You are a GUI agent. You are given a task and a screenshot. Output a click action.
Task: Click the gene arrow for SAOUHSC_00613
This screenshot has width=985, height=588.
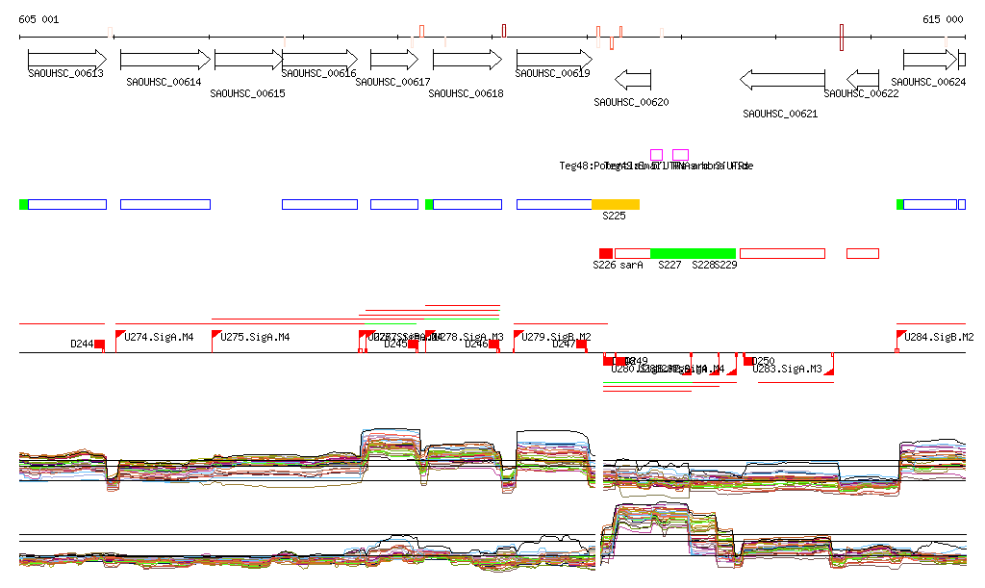tap(66, 59)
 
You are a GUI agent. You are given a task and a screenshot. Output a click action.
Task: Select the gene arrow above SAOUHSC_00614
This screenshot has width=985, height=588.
tap(164, 60)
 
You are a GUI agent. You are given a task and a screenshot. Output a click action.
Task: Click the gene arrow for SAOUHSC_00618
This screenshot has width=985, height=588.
tap(466, 60)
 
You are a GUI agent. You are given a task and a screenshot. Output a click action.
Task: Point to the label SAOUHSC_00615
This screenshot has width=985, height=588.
tap(247, 93)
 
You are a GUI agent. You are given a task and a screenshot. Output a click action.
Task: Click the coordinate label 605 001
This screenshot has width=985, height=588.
tap(38, 19)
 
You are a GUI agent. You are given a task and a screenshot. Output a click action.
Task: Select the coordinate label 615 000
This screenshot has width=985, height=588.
tap(943, 19)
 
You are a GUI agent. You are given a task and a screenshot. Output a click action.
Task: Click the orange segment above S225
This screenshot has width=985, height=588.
tap(615, 204)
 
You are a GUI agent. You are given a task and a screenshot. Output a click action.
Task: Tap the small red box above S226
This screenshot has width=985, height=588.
tap(605, 253)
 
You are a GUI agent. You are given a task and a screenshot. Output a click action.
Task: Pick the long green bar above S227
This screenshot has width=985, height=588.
tap(693, 253)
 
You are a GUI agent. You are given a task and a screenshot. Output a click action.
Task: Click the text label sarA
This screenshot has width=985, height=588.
tap(631, 265)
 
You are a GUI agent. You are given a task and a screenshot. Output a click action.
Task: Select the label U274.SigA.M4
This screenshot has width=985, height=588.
tap(160, 337)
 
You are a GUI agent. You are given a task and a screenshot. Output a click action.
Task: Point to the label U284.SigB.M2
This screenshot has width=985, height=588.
tap(940, 337)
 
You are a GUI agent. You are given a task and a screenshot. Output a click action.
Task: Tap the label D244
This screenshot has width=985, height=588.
tap(82, 344)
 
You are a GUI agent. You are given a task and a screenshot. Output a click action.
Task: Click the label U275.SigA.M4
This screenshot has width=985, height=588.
tap(255, 337)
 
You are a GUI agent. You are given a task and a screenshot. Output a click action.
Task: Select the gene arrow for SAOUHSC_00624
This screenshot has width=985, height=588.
tap(930, 60)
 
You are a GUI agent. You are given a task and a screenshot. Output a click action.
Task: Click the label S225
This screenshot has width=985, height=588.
tap(614, 217)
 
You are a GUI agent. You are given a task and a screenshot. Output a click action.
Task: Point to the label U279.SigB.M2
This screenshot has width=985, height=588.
tap(556, 337)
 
